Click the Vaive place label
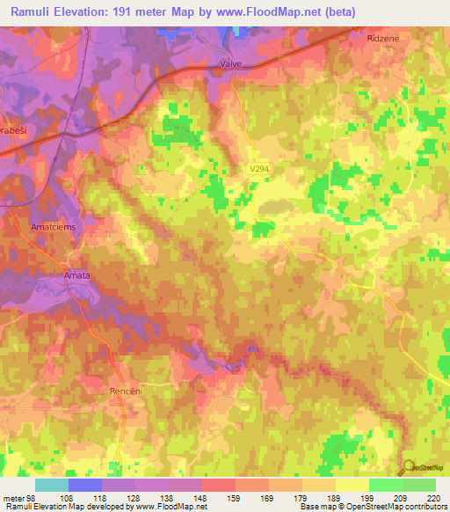click(229, 64)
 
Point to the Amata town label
click(76, 275)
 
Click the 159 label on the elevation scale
click(236, 498)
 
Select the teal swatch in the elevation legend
click(52, 485)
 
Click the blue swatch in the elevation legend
click(85, 485)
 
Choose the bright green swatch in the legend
click(385, 485)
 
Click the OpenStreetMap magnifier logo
click(407, 469)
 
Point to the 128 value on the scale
click(134, 498)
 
